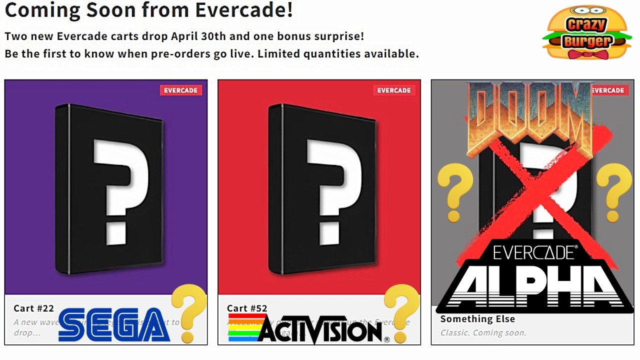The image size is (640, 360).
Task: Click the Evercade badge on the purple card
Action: pos(180,90)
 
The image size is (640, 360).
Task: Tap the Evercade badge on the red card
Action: pos(393,90)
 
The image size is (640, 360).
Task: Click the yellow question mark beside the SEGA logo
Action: pos(189,312)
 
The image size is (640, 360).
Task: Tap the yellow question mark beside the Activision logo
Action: pos(401,312)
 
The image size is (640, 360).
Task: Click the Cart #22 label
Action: pos(33,308)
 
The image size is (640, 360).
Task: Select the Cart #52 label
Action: pos(247,308)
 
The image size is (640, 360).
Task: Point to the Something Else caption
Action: pos(477,319)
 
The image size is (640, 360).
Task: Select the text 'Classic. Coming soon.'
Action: pos(483,332)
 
